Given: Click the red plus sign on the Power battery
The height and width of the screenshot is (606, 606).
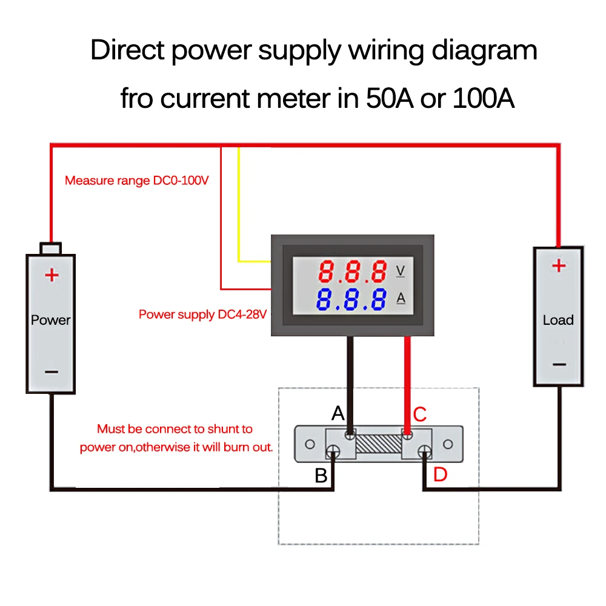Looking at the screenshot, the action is [52, 275].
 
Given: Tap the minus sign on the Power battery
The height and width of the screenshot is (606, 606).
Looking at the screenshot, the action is [52, 372].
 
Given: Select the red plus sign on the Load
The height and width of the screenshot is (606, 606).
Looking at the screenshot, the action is [559, 265].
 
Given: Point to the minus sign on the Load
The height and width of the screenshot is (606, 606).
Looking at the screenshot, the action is [559, 364].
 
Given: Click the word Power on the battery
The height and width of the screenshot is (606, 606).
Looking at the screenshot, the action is [51, 320].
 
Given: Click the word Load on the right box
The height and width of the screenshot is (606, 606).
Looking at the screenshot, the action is [558, 320].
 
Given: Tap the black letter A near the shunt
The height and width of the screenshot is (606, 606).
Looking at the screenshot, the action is [338, 413].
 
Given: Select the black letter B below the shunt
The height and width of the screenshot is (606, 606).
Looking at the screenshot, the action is [321, 476].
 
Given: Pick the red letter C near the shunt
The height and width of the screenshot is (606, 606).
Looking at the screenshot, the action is [420, 415].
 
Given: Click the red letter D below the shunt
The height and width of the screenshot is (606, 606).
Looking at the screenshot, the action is [440, 474].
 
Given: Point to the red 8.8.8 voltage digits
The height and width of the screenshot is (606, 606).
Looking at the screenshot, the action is [353, 271].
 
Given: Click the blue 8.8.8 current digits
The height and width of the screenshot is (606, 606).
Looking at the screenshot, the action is [351, 299].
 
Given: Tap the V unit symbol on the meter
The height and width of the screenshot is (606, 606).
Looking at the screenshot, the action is [401, 271].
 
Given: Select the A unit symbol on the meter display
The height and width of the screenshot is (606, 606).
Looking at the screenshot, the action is [401, 298].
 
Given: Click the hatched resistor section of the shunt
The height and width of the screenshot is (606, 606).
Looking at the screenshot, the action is [379, 444].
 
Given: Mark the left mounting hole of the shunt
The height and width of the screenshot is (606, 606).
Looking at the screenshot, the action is [310, 444].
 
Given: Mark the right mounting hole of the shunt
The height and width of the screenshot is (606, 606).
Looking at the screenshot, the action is [448, 444].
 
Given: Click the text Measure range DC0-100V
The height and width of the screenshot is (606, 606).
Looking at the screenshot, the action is [137, 181].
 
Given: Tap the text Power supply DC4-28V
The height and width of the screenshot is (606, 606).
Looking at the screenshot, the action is [202, 315].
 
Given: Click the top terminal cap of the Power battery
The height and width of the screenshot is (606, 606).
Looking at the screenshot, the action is [51, 248].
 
